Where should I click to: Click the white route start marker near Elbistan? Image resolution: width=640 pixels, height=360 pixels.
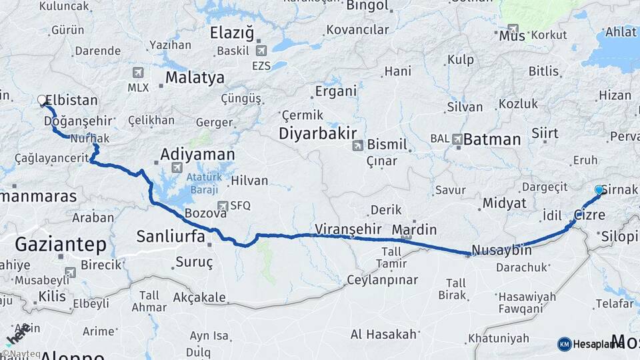42,101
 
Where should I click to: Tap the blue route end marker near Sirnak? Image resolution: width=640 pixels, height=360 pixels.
599,190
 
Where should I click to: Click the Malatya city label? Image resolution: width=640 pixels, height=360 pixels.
195,77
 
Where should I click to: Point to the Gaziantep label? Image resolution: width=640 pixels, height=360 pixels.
61,244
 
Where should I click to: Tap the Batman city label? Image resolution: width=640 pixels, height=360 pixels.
492,139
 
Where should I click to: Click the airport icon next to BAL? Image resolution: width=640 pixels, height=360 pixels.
457,139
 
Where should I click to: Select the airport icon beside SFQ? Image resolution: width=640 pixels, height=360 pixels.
222,206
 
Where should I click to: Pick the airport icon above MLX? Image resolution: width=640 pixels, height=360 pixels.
138,73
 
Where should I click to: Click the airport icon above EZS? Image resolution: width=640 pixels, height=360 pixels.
261,50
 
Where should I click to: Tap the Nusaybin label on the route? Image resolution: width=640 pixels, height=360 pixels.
501,251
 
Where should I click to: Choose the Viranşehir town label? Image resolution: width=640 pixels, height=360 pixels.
348,229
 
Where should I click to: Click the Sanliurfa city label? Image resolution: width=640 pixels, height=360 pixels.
169,235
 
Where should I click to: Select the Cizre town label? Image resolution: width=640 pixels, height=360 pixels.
589,215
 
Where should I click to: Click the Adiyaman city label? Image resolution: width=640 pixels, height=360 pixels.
197,155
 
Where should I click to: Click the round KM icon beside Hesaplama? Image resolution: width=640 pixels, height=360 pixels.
564,344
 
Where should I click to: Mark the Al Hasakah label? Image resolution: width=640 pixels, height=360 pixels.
383,334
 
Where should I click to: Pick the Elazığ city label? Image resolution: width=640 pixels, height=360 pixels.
233,33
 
